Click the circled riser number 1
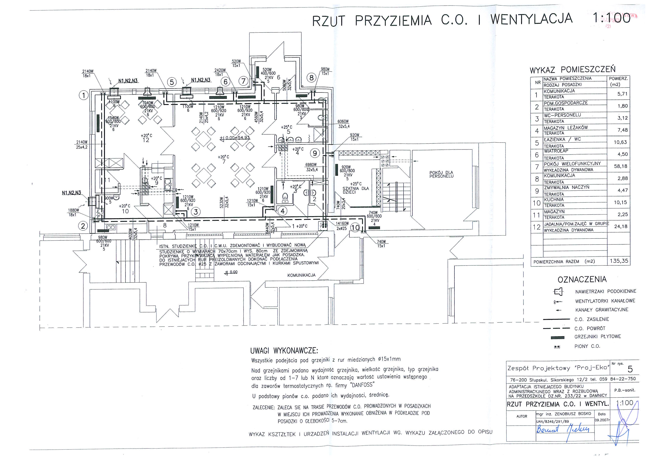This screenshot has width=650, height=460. [84, 95]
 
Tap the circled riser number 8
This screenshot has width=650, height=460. [312, 78]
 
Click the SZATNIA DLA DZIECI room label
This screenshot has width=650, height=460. [355, 190]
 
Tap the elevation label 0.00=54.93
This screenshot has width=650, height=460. [235, 138]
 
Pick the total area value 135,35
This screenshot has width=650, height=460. [619, 261]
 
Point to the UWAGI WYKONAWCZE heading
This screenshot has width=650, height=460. [284, 351]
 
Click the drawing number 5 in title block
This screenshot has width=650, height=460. [630, 369]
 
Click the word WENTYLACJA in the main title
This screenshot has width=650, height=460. [531, 19]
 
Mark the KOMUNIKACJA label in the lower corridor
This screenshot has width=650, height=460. [301, 275]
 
